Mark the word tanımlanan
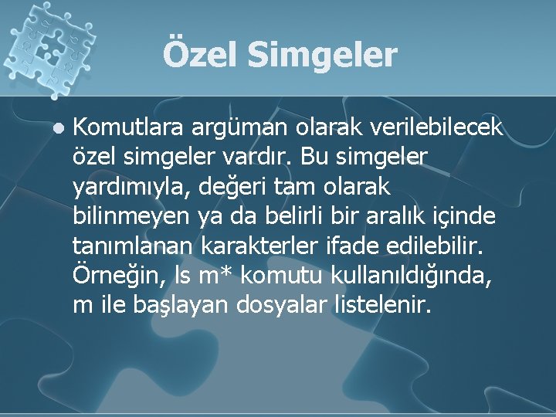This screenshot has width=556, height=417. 134,247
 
